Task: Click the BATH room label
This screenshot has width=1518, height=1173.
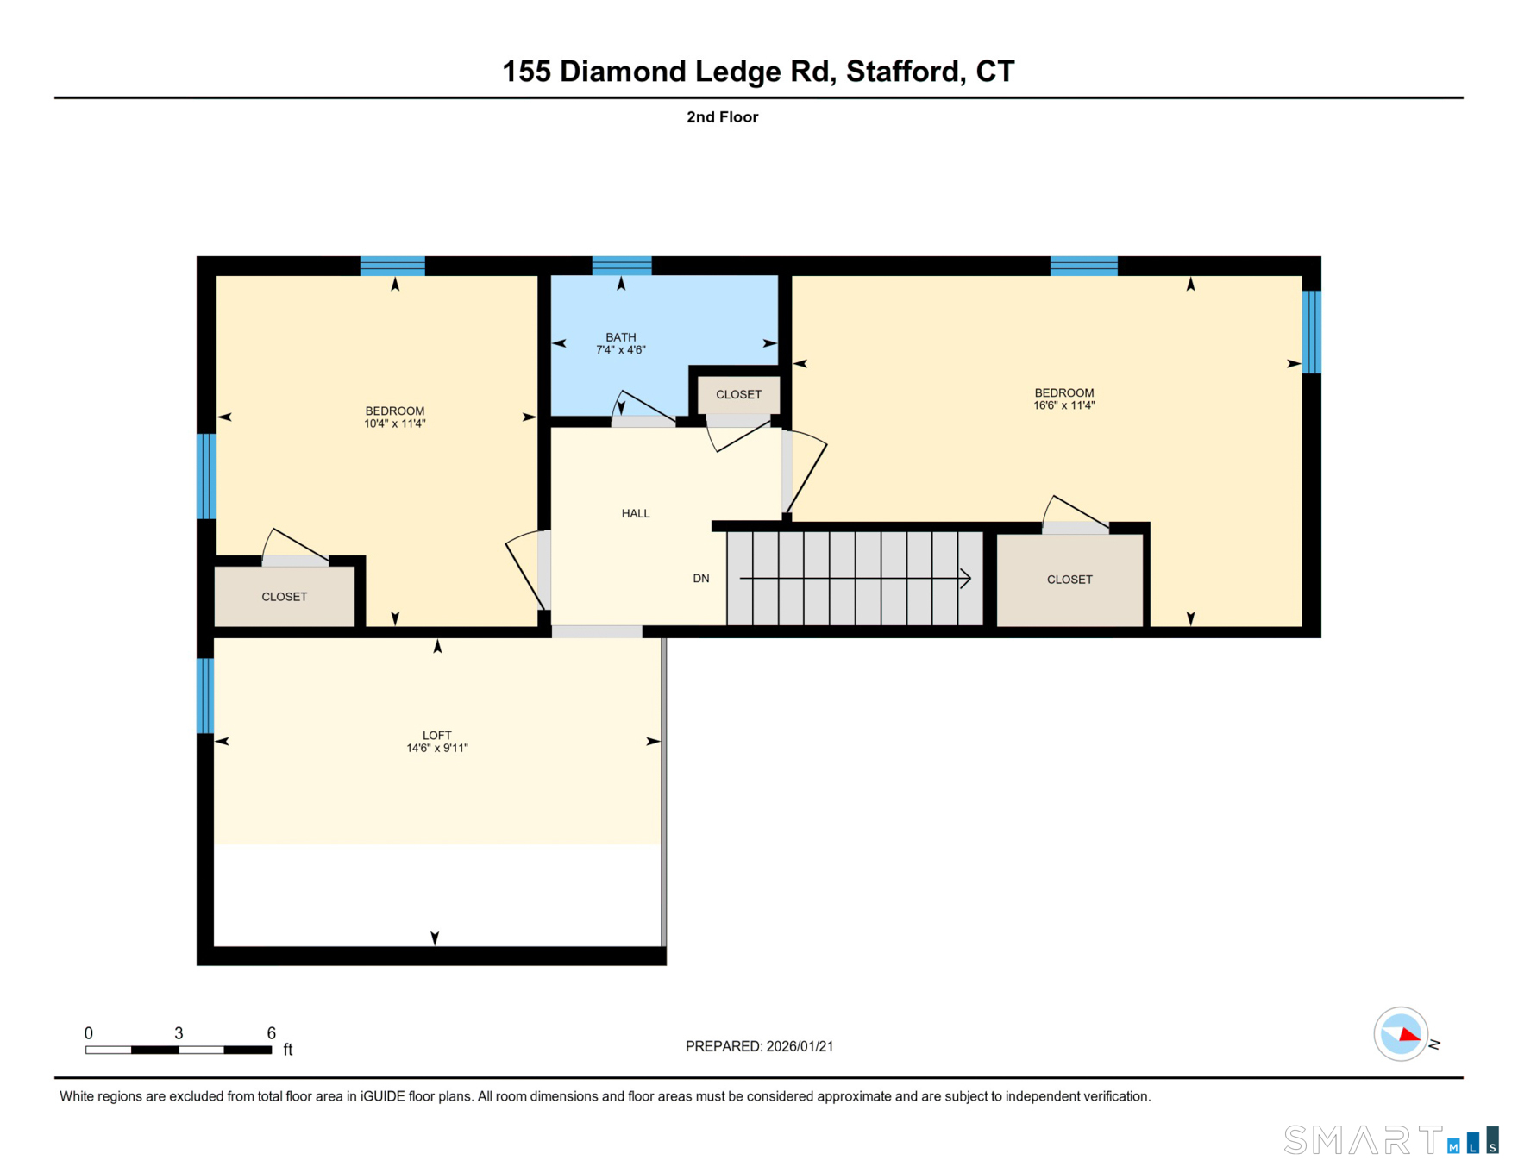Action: click(x=620, y=337)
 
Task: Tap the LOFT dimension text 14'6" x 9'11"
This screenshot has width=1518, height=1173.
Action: click(x=436, y=749)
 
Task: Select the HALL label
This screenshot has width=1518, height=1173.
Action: click(x=635, y=513)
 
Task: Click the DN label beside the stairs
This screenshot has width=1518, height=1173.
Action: click(x=700, y=579)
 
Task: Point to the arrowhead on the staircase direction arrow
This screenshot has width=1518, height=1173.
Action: click(x=967, y=579)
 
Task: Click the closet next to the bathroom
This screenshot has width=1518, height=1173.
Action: click(x=738, y=394)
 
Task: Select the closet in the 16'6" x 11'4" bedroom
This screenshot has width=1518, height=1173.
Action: click(x=1069, y=580)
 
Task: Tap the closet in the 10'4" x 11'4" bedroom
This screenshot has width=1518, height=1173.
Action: click(x=284, y=597)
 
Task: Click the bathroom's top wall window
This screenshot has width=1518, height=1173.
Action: click(x=621, y=266)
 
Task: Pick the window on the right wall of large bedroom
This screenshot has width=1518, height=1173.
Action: click(x=1311, y=332)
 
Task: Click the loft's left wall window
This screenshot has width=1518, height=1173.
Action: click(x=205, y=695)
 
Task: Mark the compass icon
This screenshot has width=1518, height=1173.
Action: click(x=1400, y=1033)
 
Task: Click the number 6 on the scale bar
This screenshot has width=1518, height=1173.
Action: click(x=271, y=1033)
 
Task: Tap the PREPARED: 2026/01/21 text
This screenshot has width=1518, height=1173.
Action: click(x=759, y=1046)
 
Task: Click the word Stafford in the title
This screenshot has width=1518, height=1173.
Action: click(x=903, y=72)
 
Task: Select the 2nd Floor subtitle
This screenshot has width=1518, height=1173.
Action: click(x=722, y=117)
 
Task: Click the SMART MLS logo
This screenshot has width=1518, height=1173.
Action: click(x=1389, y=1140)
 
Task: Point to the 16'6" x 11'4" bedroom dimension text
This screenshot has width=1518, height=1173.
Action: click(x=1063, y=405)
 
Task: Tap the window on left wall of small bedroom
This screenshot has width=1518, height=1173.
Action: click(x=206, y=476)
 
